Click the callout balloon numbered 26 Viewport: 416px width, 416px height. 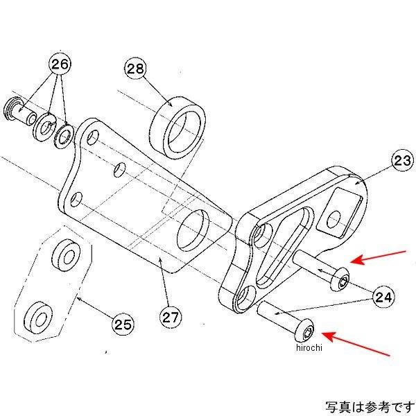pos(60,66)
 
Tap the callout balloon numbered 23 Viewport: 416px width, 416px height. pos(401,161)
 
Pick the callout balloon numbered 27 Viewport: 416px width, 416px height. pos(171,317)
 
